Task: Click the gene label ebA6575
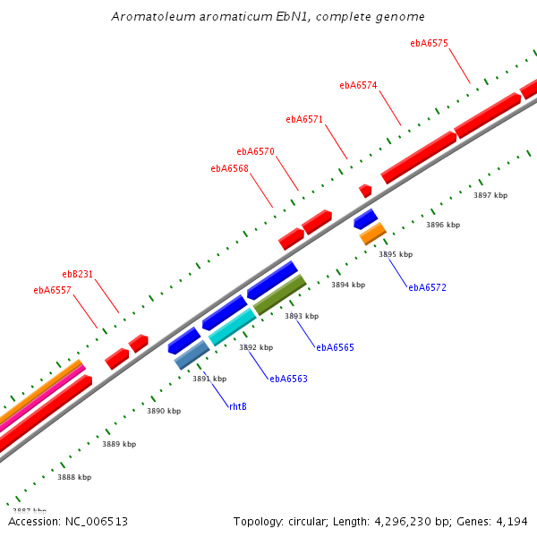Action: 429,43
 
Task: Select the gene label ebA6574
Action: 358,86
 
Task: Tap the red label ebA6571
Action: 304,119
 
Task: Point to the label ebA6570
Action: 255,151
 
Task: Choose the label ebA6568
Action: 229,168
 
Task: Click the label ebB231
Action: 77,274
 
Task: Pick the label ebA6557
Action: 52,290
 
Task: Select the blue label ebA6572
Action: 427,287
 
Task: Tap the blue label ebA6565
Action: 335,347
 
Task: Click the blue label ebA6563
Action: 288,379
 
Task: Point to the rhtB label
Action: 237,406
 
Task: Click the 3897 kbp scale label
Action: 490,195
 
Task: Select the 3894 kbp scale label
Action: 348,285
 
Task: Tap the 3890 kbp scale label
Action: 164,411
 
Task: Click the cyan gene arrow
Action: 233,327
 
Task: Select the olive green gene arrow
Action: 280,294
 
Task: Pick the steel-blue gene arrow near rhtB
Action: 192,354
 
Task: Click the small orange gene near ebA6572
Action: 372,234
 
